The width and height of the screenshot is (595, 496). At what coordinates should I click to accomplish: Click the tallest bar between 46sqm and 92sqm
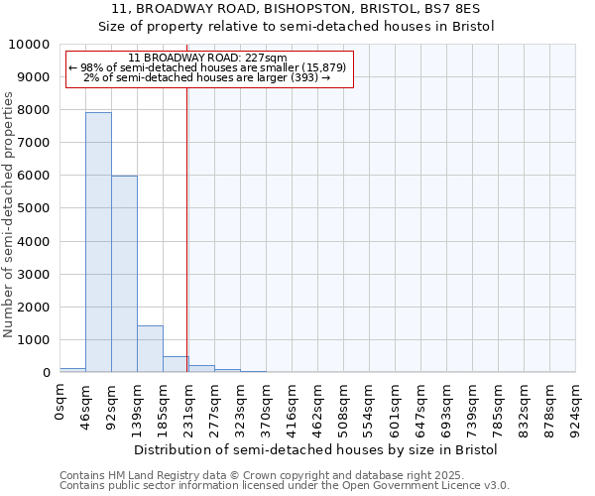(x=98, y=242)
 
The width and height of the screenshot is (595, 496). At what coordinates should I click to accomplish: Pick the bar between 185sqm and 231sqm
(x=176, y=364)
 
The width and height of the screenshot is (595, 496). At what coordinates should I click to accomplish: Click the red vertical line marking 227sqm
(x=186, y=228)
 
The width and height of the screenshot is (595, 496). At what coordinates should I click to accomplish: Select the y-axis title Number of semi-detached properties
(x=10, y=214)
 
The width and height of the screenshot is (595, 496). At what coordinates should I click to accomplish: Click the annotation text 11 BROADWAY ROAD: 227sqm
(x=207, y=59)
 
